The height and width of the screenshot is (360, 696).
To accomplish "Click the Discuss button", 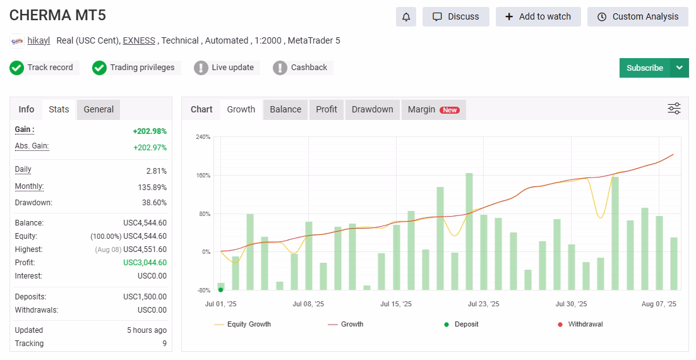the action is pyautogui.click(x=456, y=17).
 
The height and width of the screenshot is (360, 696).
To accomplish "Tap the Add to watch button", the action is pyautogui.click(x=538, y=17).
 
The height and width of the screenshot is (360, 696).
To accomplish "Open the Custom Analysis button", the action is pyautogui.click(x=637, y=17).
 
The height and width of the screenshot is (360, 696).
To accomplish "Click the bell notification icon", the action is pyautogui.click(x=406, y=17).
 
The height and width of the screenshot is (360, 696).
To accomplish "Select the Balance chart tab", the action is pyautogui.click(x=285, y=109).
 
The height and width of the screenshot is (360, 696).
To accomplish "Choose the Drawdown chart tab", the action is pyautogui.click(x=373, y=109).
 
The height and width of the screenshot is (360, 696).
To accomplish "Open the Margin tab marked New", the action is pyautogui.click(x=434, y=109).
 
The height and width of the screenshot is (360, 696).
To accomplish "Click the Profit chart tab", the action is pyautogui.click(x=327, y=109).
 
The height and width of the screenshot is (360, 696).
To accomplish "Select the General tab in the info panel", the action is pyautogui.click(x=99, y=109).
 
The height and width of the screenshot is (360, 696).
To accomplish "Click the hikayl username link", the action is pyautogui.click(x=39, y=40).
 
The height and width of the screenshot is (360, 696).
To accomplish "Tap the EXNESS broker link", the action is pyautogui.click(x=139, y=40).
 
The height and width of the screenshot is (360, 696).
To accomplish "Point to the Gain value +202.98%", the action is pyautogui.click(x=150, y=131).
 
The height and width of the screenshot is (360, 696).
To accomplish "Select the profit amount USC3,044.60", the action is pyautogui.click(x=145, y=263).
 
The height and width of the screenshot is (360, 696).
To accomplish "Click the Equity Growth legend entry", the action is pyautogui.click(x=243, y=325).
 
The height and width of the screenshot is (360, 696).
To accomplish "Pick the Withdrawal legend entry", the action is pyautogui.click(x=580, y=325).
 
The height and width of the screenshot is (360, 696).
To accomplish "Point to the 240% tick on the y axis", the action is pyautogui.click(x=203, y=137).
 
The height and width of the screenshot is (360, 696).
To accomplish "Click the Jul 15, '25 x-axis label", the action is pyautogui.click(x=396, y=304).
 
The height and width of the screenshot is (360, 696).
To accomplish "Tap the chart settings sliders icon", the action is pyautogui.click(x=675, y=109).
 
